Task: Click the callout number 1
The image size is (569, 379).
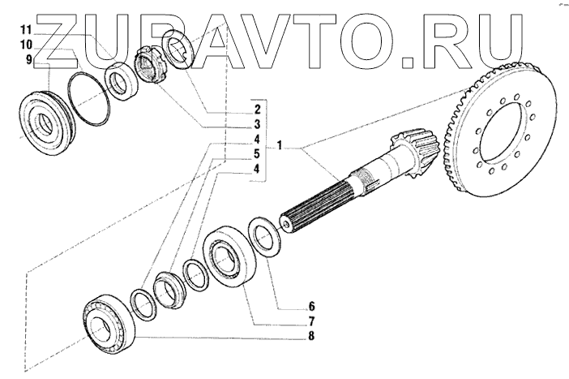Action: (x=278, y=147)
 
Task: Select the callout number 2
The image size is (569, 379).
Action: (x=256, y=108)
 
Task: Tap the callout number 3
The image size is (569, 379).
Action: (x=256, y=124)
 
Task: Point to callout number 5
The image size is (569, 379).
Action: (x=256, y=154)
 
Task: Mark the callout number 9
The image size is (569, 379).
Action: (x=29, y=61)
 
